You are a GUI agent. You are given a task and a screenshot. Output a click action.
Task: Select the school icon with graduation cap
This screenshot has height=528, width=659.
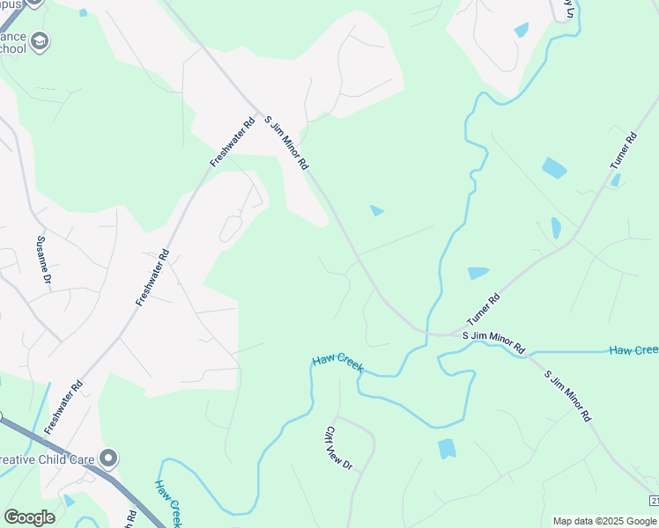[x=40, y=41]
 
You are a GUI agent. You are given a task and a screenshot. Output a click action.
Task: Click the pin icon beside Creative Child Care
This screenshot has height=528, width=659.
[x=108, y=458]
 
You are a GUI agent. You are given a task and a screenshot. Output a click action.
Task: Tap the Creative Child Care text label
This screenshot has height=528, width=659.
[x=48, y=459]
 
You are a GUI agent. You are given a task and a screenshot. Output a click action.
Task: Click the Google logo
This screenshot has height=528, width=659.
[x=29, y=517]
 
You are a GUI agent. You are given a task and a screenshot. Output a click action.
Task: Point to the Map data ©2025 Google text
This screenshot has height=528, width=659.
[x=603, y=521]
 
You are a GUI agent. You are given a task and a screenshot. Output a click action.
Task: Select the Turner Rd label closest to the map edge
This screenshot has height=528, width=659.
[x=623, y=150]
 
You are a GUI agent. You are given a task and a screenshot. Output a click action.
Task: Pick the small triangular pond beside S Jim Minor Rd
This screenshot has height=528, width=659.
[x=377, y=210]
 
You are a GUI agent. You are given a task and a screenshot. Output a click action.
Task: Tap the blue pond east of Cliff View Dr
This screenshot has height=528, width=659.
[x=447, y=449]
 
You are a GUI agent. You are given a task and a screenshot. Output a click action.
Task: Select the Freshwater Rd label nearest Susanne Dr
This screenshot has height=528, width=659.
[x=152, y=277]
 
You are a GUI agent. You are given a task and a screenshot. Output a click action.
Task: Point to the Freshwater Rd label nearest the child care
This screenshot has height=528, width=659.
[x=63, y=407]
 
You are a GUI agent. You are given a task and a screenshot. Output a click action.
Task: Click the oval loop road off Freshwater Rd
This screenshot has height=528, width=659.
[x=231, y=228]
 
